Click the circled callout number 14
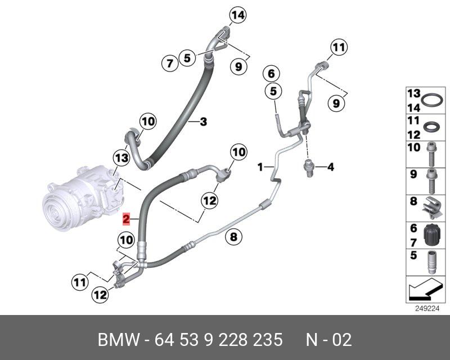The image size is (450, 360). (x=237, y=16)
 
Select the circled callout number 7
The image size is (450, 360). (x=169, y=64)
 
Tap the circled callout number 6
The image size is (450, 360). (x=271, y=74)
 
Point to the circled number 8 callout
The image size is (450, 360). (x=232, y=237)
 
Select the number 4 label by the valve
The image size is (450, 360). (x=331, y=166)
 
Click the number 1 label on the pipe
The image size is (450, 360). (x=260, y=166)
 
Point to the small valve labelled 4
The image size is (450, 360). (x=308, y=166)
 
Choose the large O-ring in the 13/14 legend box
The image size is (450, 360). (x=431, y=100)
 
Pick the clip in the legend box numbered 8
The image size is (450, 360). (x=431, y=206)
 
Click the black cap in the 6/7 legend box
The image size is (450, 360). (x=431, y=235)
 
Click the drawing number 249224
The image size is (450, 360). (x=426, y=308)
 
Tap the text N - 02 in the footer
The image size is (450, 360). (x=328, y=340)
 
